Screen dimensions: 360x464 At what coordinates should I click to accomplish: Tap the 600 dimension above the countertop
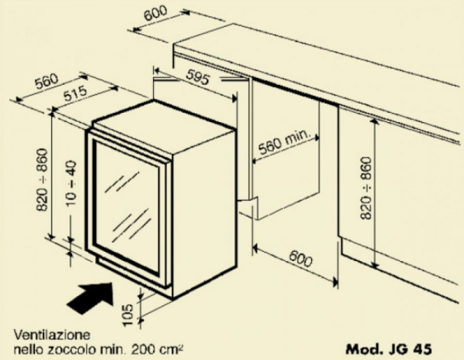(155, 14)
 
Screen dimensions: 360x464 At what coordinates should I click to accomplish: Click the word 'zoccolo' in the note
(84, 348)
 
